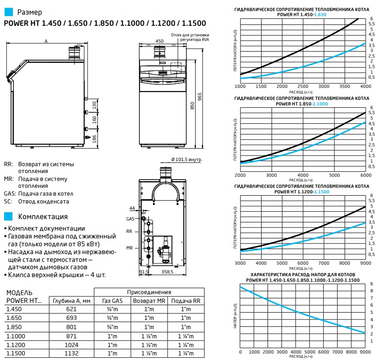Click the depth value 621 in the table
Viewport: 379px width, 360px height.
pyautogui.click(x=71, y=310)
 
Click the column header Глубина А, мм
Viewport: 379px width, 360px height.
pyautogui.click(x=71, y=301)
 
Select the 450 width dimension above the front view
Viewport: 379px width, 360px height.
pyautogui.click(x=159, y=41)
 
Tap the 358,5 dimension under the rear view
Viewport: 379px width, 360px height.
pyautogui.click(x=167, y=273)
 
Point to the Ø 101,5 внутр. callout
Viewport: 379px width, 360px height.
pyautogui.click(x=187, y=160)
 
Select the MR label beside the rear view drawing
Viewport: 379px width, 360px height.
pyautogui.click(x=129, y=248)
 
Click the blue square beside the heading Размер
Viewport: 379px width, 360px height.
pyautogui.click(x=7, y=12)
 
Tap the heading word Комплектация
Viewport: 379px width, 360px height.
pyautogui.click(x=42, y=216)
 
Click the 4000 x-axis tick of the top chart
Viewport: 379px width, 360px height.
pyautogui.click(x=365, y=87)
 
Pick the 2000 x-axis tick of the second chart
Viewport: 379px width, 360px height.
pyautogui.click(x=240, y=175)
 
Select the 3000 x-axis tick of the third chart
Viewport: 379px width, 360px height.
pyautogui.click(x=240, y=263)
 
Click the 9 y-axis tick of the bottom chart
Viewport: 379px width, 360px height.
pyautogui.click(x=371, y=284)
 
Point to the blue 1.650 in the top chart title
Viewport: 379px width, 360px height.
pyautogui.click(x=320, y=15)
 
